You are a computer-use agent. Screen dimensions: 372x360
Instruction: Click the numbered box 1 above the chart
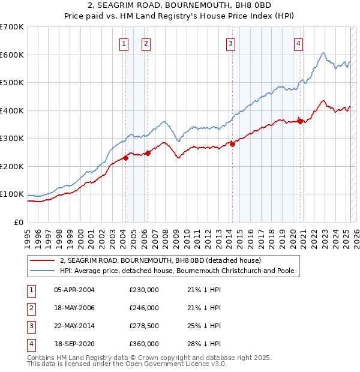124,43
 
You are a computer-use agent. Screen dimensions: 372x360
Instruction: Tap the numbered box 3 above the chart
230,43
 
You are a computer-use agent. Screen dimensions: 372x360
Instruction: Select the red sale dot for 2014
232,143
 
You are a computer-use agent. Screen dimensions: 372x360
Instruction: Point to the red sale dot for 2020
299,121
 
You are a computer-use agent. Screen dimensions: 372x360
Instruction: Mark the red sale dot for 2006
148,152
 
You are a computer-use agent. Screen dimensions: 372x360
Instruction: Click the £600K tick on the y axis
11,55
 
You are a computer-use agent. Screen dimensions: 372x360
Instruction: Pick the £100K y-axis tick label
11,194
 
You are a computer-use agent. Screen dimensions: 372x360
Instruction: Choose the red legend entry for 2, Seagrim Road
160,260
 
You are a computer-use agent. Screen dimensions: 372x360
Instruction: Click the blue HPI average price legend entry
177,271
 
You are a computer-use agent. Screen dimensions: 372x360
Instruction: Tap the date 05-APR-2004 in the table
74,290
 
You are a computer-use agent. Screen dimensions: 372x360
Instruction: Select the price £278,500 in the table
144,326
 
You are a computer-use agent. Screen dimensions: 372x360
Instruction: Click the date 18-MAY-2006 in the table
74,308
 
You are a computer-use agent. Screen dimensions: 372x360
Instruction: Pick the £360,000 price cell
144,344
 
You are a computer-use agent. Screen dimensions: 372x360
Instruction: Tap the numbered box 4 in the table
31,344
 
